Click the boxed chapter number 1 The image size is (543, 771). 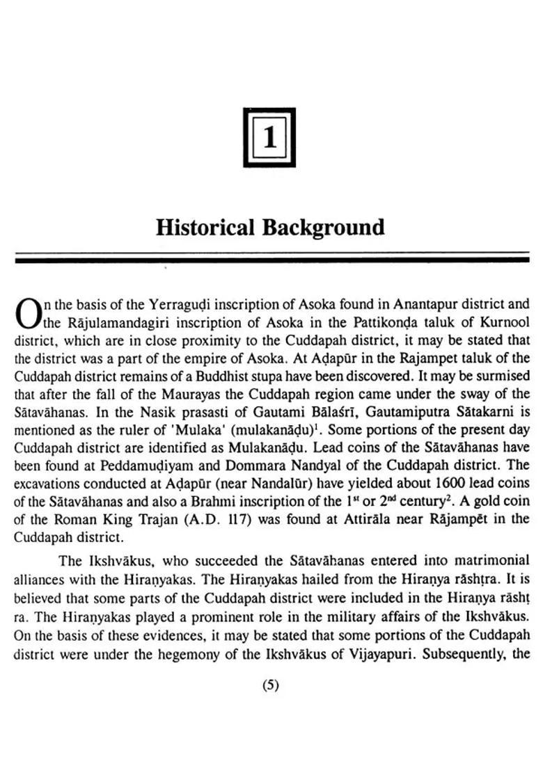click(269, 137)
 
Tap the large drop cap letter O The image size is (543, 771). click(28, 313)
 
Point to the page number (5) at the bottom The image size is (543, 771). click(270, 685)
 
